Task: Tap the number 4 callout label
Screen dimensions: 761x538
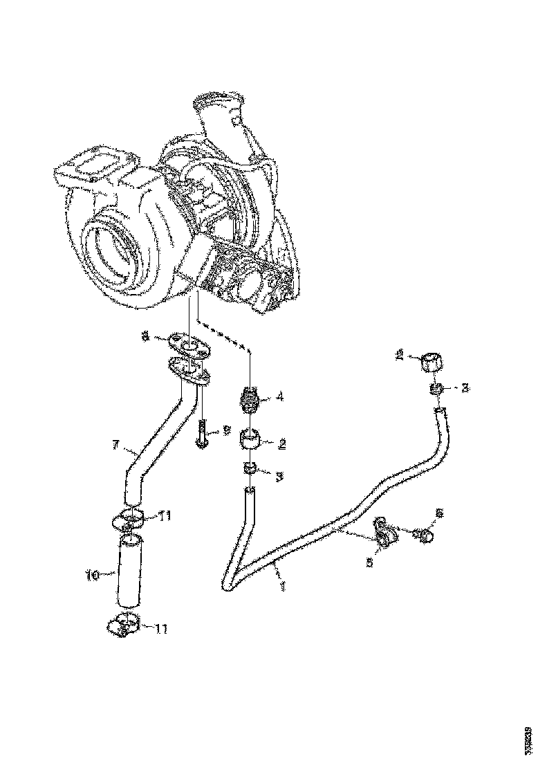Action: (280, 397)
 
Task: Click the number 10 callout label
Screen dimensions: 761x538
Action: (91, 574)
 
